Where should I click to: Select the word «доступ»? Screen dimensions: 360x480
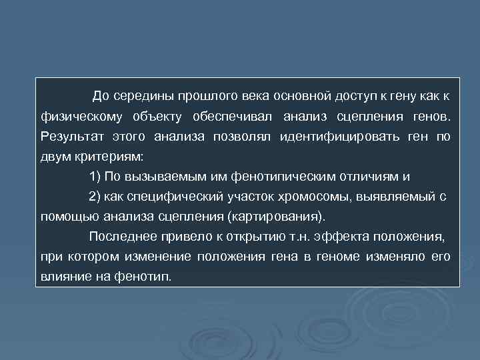tap(331, 97)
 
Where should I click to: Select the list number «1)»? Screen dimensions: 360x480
tap(95, 177)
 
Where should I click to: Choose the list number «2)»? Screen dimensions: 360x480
tap(95, 197)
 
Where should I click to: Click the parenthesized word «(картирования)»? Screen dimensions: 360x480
tap(277, 217)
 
